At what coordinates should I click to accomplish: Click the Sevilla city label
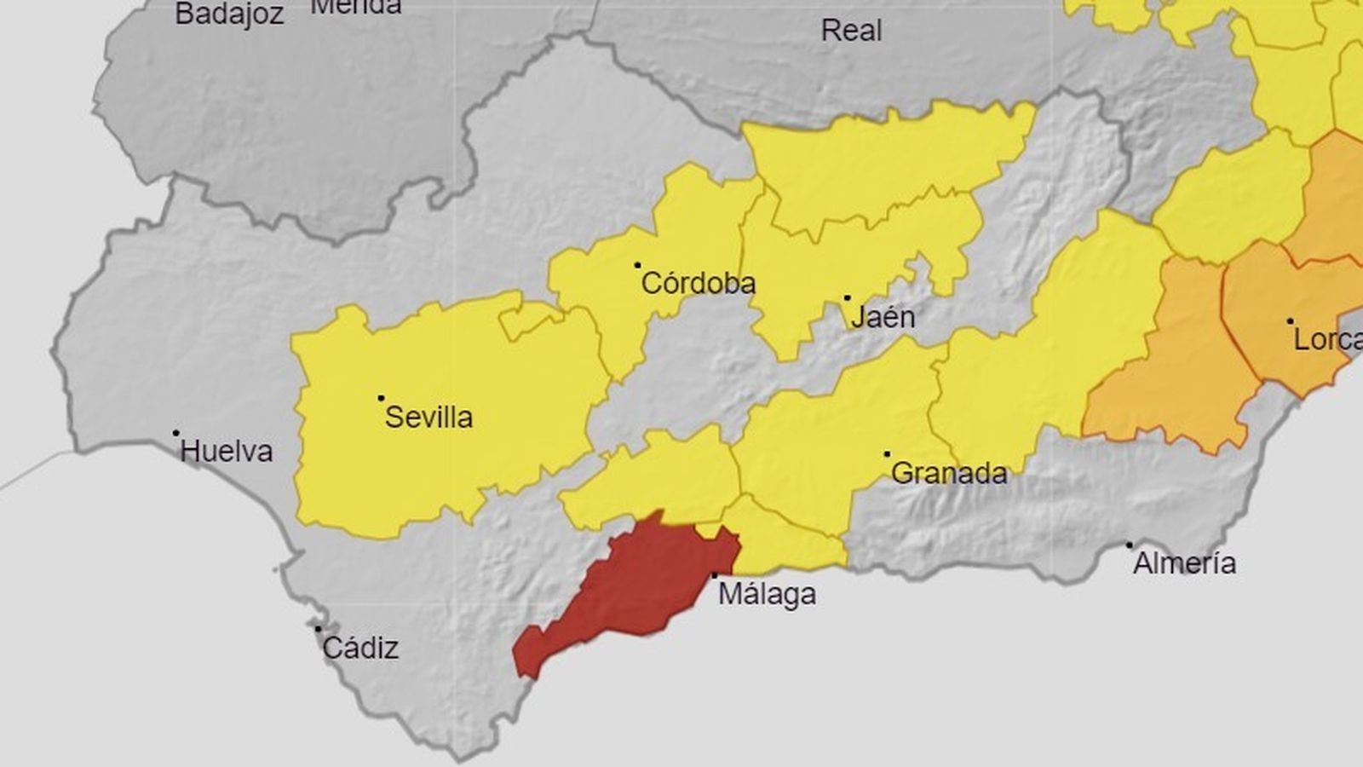428,418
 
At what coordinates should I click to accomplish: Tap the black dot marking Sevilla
381,398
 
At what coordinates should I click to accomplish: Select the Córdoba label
698,284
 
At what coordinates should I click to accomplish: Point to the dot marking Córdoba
637,265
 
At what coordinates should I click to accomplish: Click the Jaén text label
883,318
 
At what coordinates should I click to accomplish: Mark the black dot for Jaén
847,298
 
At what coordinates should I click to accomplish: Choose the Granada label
949,473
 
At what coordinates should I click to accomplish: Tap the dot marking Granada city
887,454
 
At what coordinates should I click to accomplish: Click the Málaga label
767,594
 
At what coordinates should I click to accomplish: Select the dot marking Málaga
714,576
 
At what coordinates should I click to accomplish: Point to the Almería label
1184,563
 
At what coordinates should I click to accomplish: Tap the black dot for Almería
1130,545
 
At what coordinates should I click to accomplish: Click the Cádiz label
360,649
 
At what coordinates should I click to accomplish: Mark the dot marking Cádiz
318,629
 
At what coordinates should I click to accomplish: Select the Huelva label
227,452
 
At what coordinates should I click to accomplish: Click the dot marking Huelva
176,433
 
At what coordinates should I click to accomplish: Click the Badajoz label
229,14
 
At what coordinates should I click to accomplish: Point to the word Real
851,32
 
